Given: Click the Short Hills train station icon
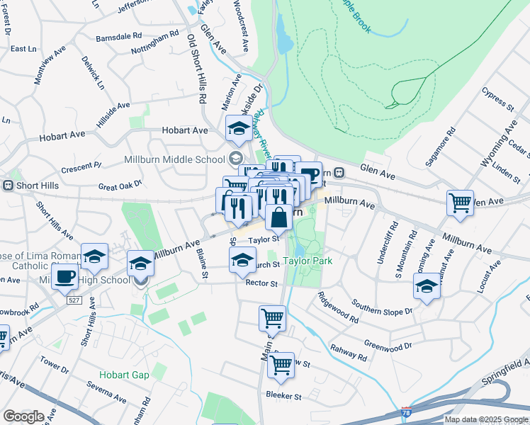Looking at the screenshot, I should pos(9,186).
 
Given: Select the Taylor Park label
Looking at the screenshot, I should pos(308,261).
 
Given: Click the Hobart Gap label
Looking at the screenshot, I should pos(125,375).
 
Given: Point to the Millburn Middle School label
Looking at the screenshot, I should pos(174,158).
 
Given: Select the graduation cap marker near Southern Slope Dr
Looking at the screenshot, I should pos(427,286).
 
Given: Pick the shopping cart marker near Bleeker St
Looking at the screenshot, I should pos(281,365).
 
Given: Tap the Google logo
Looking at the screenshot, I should pos(23,416).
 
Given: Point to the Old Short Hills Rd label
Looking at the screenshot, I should pos(195,70).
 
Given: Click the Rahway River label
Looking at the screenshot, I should pos(262,135).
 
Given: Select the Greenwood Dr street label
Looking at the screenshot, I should pos(388,346).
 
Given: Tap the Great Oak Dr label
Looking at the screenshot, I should pos(120,186).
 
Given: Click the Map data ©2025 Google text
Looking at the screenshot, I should pos(486,419).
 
